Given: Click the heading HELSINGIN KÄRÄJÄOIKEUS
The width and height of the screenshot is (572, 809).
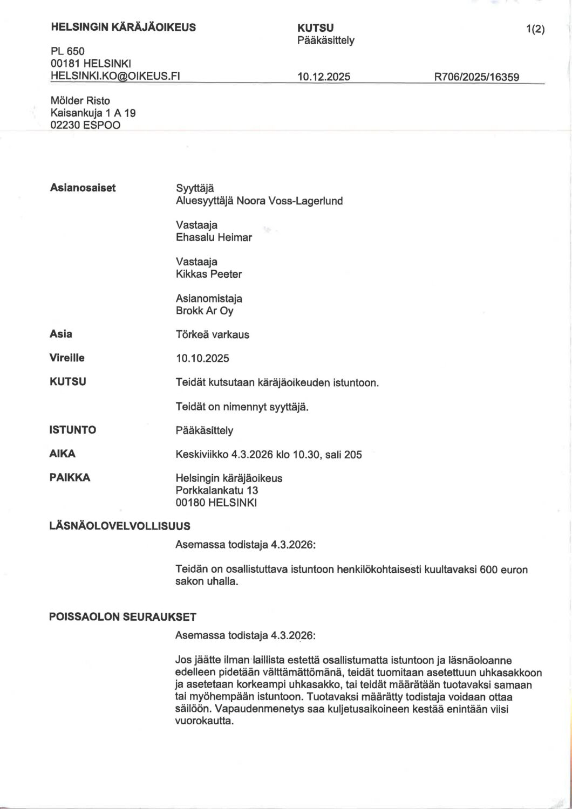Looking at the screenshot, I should pyautogui.click(x=123, y=27).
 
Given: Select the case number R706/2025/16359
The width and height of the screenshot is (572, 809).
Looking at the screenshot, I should pyautogui.click(x=476, y=77).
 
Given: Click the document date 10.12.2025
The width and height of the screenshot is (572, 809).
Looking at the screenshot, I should pyautogui.click(x=324, y=77).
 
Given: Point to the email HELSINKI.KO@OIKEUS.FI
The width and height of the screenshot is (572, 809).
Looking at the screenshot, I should pyautogui.click(x=114, y=76).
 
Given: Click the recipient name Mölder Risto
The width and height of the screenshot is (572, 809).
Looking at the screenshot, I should pyautogui.click(x=80, y=101).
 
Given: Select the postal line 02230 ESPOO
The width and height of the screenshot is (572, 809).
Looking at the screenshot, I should pyautogui.click(x=85, y=125).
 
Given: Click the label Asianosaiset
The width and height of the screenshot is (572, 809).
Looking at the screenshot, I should pyautogui.click(x=83, y=188).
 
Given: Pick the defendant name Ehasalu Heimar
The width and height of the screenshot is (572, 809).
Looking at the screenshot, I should pyautogui.click(x=214, y=237).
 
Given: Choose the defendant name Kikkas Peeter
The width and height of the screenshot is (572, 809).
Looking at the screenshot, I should pyautogui.click(x=209, y=274).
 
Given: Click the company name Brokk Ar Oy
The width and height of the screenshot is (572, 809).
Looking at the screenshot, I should pyautogui.click(x=205, y=311).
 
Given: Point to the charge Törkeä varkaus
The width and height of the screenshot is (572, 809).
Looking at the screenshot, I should pyautogui.click(x=213, y=334).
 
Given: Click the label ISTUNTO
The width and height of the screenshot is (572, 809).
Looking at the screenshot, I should pyautogui.click(x=73, y=430).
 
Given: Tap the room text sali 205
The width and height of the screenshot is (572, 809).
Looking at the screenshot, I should pyautogui.click(x=344, y=455).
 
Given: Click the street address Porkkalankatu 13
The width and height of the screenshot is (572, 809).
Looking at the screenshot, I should pyautogui.click(x=217, y=490).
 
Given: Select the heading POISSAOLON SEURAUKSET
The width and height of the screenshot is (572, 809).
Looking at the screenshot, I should pyautogui.click(x=123, y=616).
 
